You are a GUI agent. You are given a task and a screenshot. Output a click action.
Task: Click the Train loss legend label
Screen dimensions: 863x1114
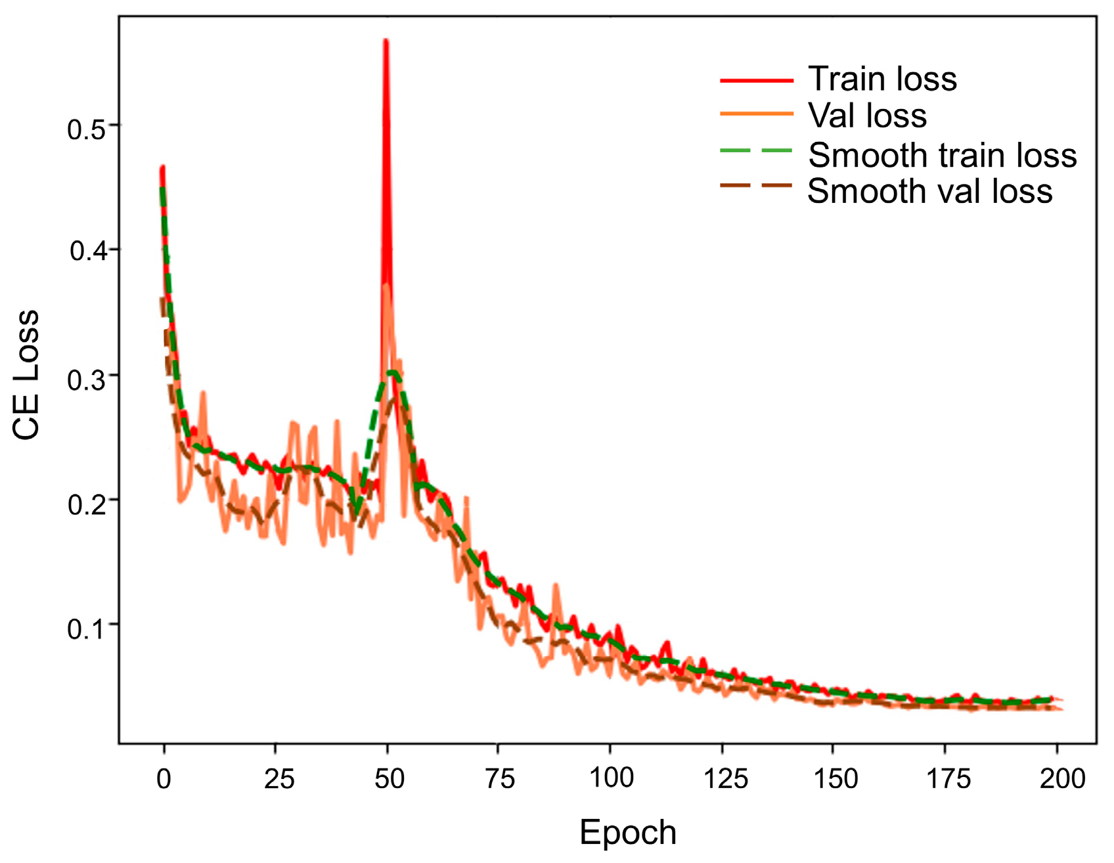coord(881,79)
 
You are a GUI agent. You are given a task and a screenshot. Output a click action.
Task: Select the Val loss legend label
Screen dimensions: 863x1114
coord(867,116)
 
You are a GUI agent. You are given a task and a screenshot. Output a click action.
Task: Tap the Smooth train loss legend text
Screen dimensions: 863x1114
coord(942,156)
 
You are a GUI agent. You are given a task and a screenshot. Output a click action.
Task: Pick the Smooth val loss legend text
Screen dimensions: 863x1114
coord(929,192)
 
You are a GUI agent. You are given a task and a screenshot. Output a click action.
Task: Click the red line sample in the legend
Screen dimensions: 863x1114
coord(757,80)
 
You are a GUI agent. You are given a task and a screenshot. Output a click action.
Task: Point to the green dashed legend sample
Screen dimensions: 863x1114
coord(757,151)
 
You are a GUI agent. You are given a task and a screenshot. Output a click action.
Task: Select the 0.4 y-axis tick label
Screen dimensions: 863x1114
coord(88,250)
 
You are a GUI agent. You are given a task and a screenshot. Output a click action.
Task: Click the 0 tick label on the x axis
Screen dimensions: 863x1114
coord(164,779)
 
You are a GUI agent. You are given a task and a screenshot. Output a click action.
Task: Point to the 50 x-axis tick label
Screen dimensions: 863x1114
coord(389,779)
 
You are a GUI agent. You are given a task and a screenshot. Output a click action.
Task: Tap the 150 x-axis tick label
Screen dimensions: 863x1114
coord(835,779)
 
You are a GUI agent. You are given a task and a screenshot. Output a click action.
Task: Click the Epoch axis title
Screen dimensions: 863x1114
coord(627,833)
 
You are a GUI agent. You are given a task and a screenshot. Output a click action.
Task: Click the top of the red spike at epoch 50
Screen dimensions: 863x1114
coord(386,42)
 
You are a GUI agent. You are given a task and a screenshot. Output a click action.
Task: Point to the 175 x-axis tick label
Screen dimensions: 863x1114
coord(948,779)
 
